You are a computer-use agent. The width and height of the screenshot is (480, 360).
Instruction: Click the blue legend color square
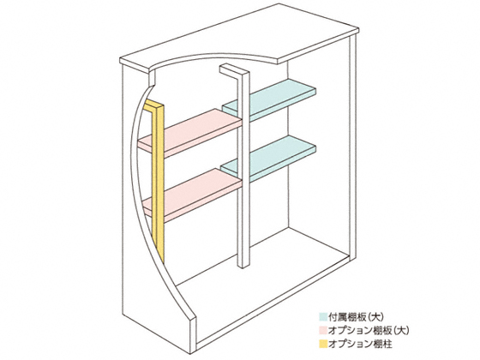(322, 317)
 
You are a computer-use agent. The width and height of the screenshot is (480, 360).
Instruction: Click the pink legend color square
(322, 331)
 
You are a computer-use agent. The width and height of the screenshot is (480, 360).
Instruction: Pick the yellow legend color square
(322, 344)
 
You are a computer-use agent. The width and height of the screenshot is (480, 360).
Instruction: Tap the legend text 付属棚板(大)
(356, 317)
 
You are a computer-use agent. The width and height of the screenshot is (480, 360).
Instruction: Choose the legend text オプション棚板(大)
(369, 331)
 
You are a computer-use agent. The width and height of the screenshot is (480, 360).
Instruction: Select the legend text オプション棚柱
(360, 344)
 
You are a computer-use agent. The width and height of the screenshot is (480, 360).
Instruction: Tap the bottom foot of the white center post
(243, 264)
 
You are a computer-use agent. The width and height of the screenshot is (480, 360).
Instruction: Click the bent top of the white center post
(234, 69)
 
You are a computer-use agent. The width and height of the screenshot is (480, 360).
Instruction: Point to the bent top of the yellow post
(154, 105)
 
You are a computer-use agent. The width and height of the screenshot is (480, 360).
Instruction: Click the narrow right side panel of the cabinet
(353, 147)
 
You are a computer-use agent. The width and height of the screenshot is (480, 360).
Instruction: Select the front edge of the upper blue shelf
(269, 108)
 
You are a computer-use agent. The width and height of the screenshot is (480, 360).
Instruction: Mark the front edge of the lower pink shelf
(193, 207)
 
